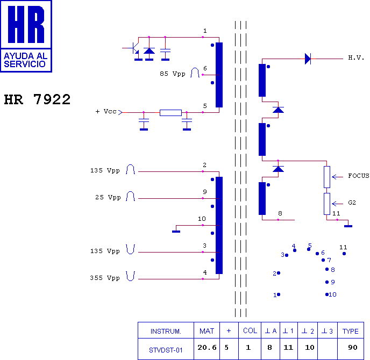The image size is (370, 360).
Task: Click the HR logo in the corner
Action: [26, 35]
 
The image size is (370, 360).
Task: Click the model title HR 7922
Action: [37, 100]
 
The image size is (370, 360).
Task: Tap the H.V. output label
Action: [356, 57]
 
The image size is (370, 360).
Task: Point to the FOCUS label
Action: [358, 176]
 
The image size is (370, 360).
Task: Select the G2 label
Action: [352, 203]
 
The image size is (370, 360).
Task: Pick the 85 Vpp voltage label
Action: [172, 74]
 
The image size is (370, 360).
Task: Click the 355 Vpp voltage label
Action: [105, 278]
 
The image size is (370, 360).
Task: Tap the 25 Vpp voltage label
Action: [108, 197]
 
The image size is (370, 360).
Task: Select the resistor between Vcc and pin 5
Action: [170, 112]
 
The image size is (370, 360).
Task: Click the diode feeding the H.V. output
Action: [308, 59]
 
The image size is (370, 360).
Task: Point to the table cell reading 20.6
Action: [208, 348]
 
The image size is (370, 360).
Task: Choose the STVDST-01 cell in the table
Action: [166, 350]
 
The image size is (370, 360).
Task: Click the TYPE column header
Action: [350, 331]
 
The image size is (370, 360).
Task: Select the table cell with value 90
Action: [353, 348]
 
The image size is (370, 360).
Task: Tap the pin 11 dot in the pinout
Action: [344, 254]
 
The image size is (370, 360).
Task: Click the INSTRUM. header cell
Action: [166, 331]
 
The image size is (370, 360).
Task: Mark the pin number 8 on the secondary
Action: [280, 214]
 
